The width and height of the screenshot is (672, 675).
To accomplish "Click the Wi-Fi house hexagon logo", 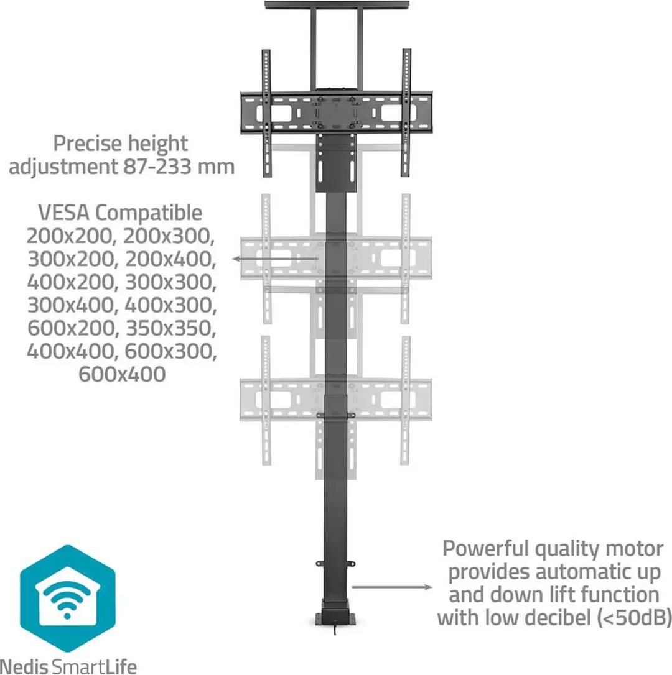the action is pos(68,599).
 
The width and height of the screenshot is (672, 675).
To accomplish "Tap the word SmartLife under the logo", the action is pos(93,666).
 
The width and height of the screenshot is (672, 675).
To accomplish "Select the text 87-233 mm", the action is pos(179,166).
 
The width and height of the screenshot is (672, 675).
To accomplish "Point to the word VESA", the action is pos(64,213).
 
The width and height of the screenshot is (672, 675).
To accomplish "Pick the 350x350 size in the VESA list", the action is pos(170,328).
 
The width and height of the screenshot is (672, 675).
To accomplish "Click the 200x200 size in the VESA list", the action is pos(71,236).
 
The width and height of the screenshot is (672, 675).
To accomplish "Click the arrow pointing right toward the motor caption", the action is pos(392,587).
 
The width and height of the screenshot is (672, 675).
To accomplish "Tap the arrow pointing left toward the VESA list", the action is pos(275,259).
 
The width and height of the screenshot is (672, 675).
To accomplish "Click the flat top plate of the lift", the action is pos(337,5).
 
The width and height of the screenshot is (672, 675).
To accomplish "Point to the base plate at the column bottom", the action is pos(336,618).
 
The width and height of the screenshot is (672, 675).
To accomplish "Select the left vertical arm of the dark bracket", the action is pos(267,112).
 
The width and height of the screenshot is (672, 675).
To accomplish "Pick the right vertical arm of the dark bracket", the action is pos(406,112).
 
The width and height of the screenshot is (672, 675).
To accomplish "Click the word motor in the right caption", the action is pos(635,549).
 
